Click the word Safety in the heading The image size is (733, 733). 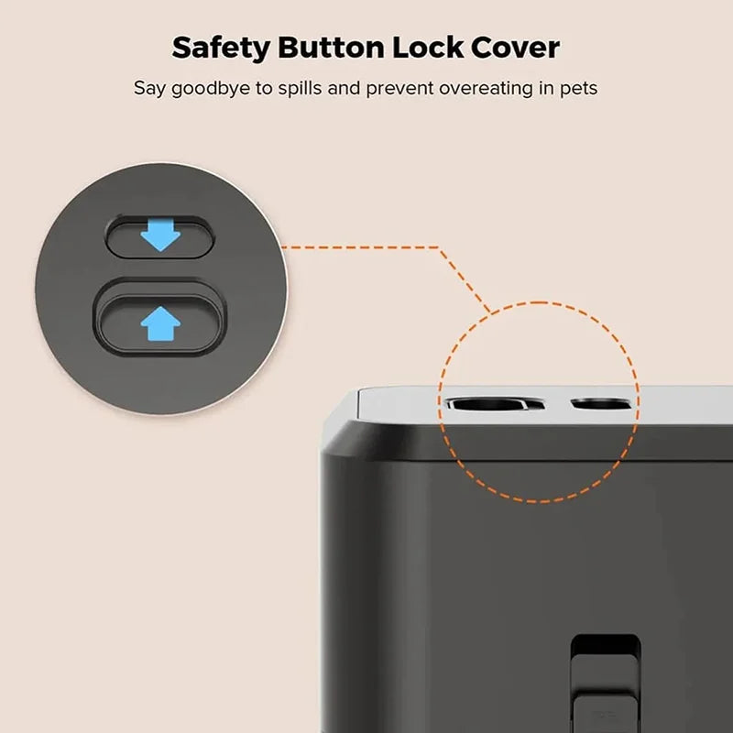pyautogui.click(x=221, y=49)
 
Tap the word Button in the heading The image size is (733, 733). pyautogui.click(x=331, y=48)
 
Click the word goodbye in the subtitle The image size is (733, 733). pyautogui.click(x=211, y=89)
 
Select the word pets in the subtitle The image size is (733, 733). pyautogui.click(x=579, y=89)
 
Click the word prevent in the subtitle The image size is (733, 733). pyautogui.click(x=400, y=89)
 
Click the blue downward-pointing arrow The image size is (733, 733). pyautogui.click(x=160, y=235)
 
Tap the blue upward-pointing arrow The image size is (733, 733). pyautogui.click(x=160, y=323)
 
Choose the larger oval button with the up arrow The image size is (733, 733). pyautogui.click(x=160, y=323)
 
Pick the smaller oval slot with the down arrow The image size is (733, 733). pyautogui.click(x=160, y=236)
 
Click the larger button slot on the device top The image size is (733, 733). pyautogui.click(x=494, y=403)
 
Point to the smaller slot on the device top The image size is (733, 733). pyautogui.click(x=602, y=403)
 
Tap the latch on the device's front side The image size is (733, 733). pyautogui.click(x=606, y=684)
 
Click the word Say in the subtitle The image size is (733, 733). pyautogui.click(x=149, y=89)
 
